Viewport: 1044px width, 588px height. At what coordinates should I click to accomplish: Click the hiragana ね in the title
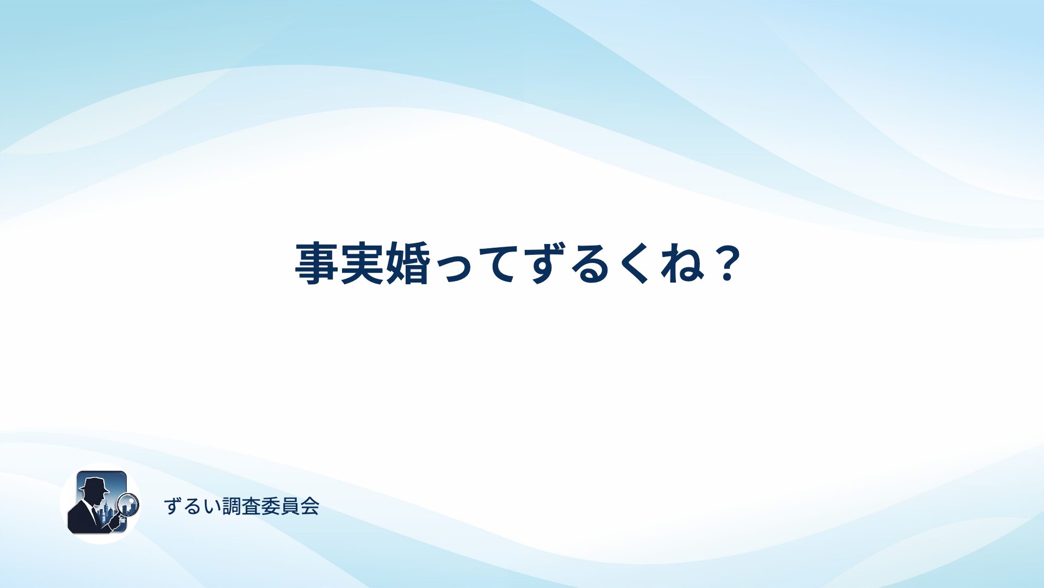tap(682, 264)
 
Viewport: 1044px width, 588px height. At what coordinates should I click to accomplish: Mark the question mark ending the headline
tap(726, 264)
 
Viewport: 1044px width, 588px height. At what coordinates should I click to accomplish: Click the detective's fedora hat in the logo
tap(94, 484)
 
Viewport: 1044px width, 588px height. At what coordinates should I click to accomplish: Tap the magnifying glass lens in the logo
tap(128, 504)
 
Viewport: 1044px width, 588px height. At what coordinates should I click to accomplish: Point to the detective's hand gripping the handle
tap(114, 522)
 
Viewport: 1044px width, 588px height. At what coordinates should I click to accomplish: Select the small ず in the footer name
tap(173, 506)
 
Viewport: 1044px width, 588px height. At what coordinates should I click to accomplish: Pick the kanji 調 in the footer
tap(232, 506)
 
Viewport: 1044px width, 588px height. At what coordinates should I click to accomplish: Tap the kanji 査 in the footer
tap(251, 506)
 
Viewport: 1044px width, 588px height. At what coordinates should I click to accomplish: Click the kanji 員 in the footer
tap(290, 506)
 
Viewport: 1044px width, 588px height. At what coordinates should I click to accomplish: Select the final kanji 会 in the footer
tap(309, 506)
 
